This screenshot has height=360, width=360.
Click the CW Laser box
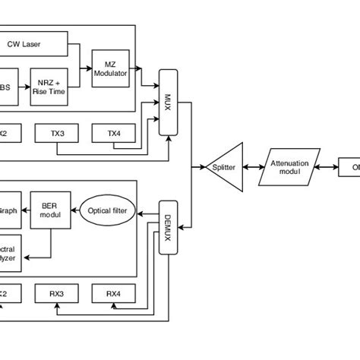coord(33,44)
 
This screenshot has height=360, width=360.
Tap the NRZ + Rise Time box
coord(50,87)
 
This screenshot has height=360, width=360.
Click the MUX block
coord(169,102)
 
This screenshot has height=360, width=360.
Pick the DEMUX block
coord(168,227)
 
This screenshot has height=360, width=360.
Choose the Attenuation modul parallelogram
coord(287,166)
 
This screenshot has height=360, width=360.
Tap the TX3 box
coord(58,133)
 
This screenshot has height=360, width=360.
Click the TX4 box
coord(113,133)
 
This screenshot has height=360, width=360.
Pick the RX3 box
coord(58,293)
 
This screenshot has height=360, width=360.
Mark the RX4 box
coord(112,293)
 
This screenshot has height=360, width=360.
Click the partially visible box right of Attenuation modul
coord(349,166)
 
